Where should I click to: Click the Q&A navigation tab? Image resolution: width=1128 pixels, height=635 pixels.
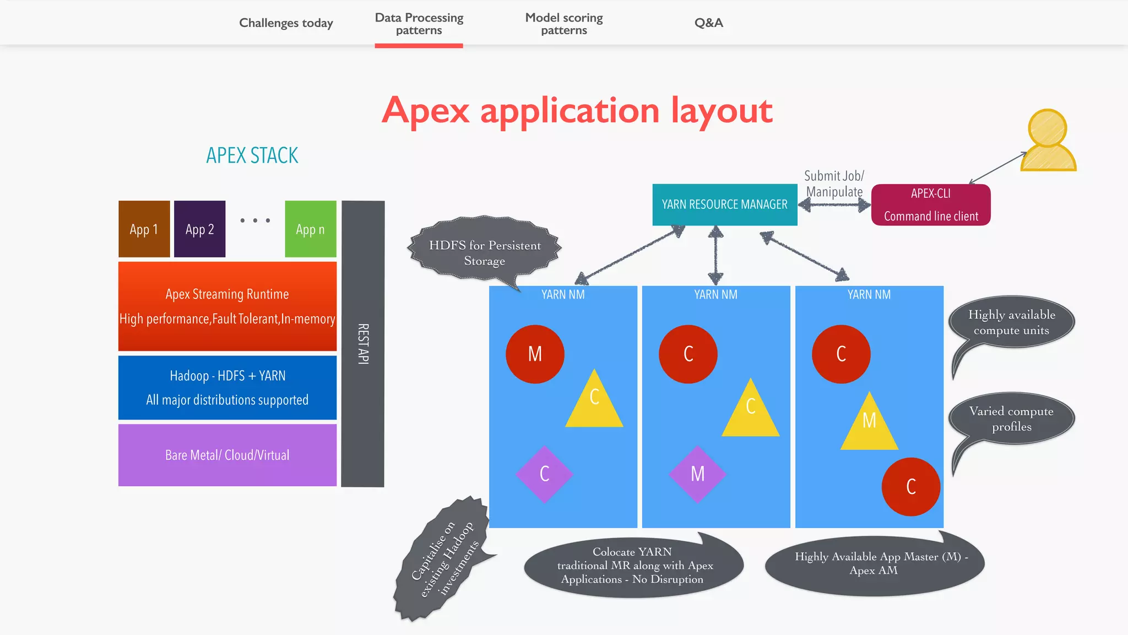(x=708, y=23)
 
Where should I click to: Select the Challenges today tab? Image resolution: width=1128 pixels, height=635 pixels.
(x=286, y=23)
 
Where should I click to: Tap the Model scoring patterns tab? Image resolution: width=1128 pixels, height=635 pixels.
(x=564, y=24)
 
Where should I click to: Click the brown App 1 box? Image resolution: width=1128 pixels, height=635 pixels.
(x=144, y=229)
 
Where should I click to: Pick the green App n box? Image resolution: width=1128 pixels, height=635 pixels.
(x=310, y=229)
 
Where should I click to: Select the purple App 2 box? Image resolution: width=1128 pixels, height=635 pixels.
(x=199, y=229)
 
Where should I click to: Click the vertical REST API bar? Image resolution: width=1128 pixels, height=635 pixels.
(x=362, y=343)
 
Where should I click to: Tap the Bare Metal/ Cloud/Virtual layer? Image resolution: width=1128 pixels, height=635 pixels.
(x=227, y=455)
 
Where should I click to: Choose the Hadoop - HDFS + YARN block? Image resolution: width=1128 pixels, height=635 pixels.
(x=227, y=388)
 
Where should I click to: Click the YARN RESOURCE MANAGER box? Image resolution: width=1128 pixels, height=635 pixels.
(x=724, y=205)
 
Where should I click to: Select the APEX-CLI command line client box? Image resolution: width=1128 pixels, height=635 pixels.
(x=931, y=205)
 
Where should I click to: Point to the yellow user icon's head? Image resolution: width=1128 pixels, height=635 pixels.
(x=1047, y=128)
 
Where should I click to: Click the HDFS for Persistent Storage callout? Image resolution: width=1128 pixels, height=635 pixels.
(x=485, y=252)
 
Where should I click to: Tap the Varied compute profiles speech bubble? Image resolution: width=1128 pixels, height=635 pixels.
(x=1011, y=418)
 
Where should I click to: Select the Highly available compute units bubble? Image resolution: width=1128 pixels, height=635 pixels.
(x=1011, y=322)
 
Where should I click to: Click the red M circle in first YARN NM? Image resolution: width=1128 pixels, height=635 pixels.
(x=535, y=354)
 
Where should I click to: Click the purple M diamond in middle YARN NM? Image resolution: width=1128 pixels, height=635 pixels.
(x=697, y=474)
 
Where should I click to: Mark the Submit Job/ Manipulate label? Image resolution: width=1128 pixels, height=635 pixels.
(x=834, y=184)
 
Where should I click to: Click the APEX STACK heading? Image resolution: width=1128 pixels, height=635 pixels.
(x=252, y=155)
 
